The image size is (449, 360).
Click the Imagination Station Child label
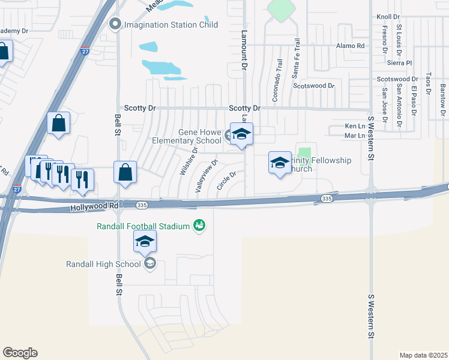click(x=170, y=25)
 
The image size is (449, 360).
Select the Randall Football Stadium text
click(x=143, y=226)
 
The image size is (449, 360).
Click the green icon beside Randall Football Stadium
click(x=199, y=226)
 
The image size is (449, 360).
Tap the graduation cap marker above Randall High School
click(x=145, y=241)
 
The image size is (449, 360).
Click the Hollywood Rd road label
click(x=94, y=206)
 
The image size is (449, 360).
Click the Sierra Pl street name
click(x=400, y=62)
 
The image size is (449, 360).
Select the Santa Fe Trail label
click(x=295, y=59)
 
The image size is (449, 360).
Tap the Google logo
click(x=20, y=353)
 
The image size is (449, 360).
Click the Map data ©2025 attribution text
click(x=423, y=355)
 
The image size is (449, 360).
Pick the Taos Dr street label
click(x=428, y=84)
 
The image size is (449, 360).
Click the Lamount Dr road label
click(x=244, y=29)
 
